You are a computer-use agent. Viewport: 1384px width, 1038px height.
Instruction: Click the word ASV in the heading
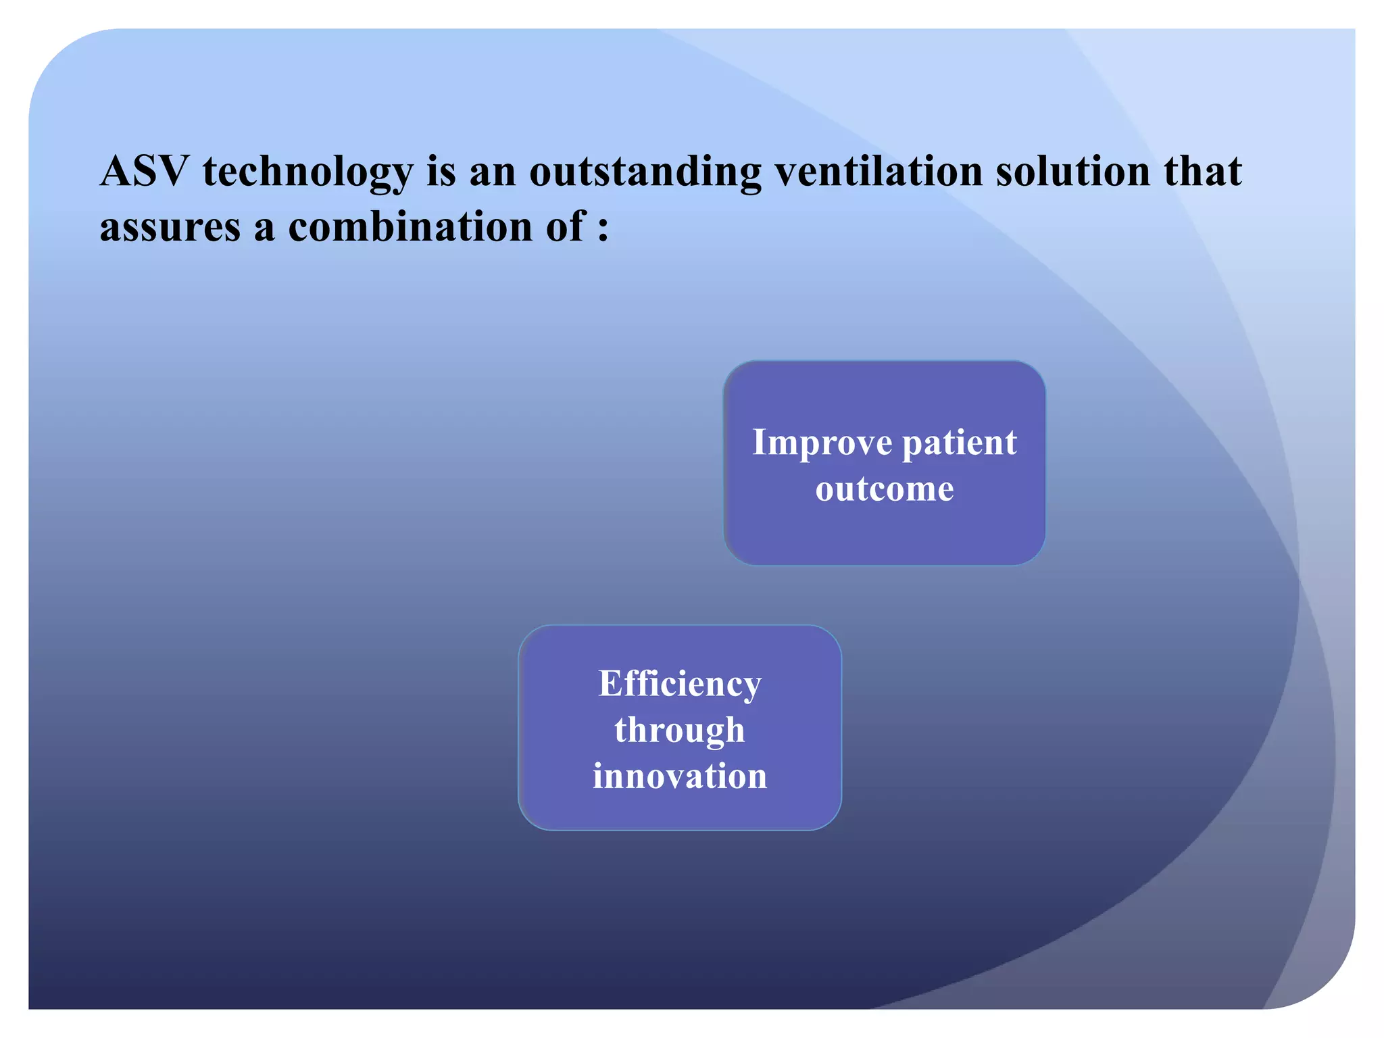coord(144,171)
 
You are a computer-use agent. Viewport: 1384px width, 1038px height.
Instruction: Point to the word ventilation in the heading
coord(879,171)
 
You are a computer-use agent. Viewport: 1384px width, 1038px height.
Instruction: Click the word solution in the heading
coord(1073,171)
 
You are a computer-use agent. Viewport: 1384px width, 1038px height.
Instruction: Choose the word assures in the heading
coord(170,227)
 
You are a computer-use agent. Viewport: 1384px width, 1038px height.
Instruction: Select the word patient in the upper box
coord(960,443)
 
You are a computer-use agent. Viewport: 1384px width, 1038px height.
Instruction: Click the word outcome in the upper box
coord(885,489)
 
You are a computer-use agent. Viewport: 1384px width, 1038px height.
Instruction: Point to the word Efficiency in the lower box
coord(680,685)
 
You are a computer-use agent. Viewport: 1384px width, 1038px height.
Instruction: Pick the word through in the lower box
coord(680,731)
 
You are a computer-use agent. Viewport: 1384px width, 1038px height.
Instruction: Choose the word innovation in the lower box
coord(680,776)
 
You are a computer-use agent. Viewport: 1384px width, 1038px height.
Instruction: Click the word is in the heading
coord(441,171)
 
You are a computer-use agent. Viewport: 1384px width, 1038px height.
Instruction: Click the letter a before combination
coord(265,228)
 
